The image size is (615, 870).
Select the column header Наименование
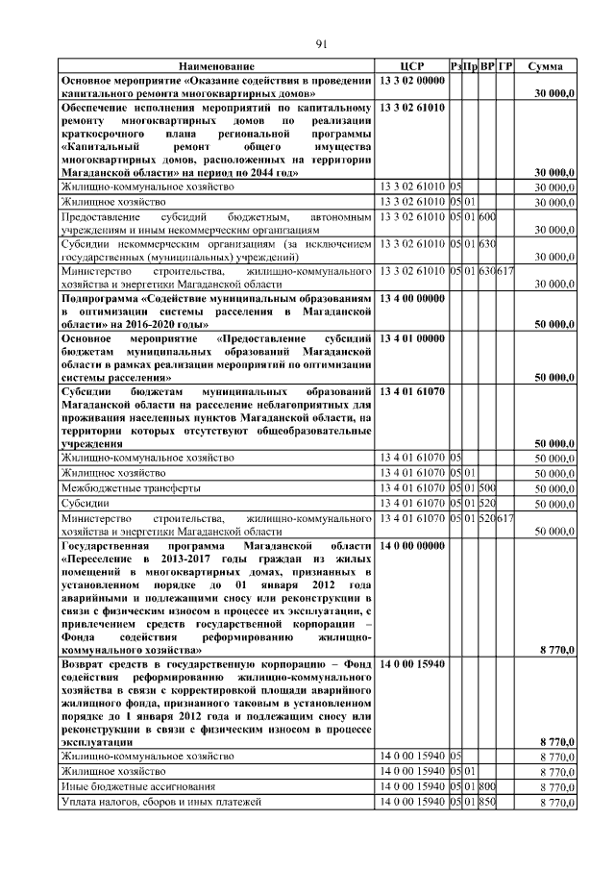217,65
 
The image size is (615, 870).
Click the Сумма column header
552,65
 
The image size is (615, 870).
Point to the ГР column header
505,65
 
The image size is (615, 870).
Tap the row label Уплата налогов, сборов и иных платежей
160,802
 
